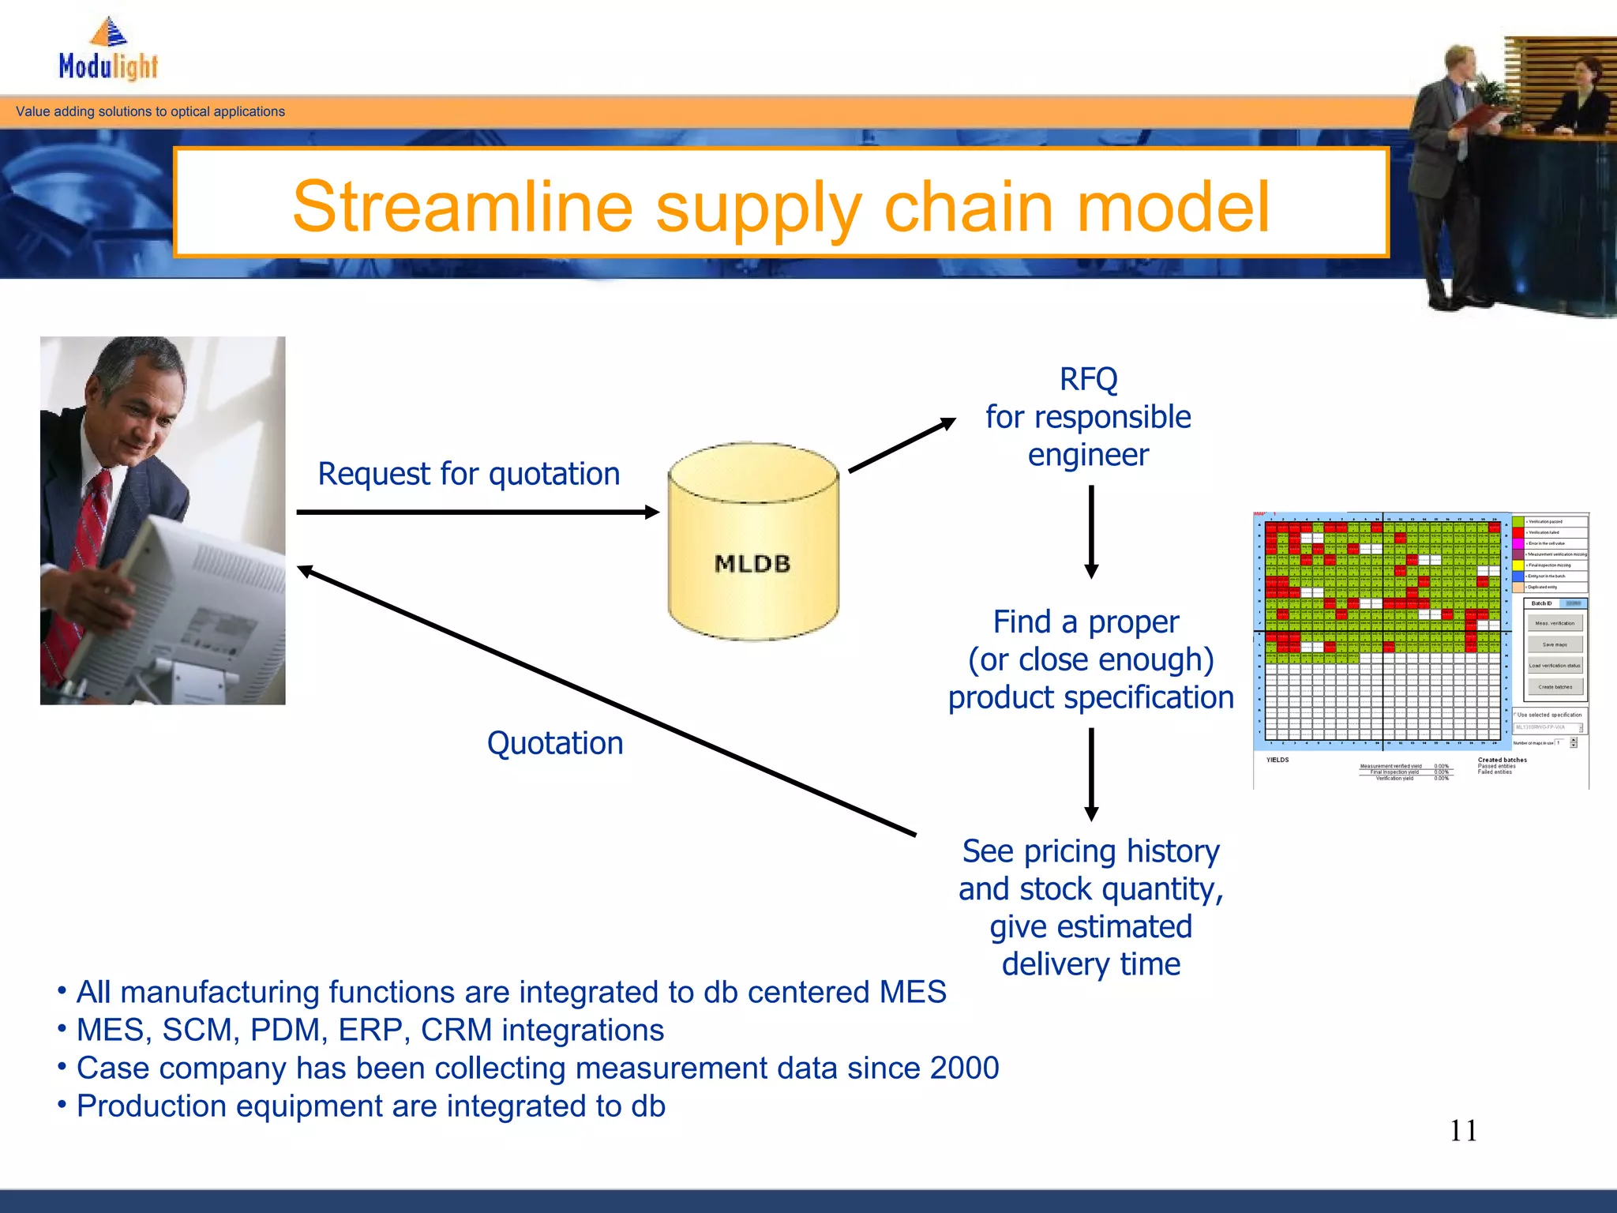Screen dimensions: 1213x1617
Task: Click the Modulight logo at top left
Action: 108,51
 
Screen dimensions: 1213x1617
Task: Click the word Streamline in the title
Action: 462,207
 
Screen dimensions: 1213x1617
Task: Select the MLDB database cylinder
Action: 752,542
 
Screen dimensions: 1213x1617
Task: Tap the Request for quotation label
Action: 469,474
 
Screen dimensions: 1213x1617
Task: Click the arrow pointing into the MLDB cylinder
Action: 477,513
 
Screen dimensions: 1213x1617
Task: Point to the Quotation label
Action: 555,743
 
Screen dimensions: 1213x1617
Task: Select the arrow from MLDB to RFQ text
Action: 902,446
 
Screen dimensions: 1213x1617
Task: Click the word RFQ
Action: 1088,380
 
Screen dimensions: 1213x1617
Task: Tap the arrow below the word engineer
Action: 1091,531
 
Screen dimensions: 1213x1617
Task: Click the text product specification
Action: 1090,697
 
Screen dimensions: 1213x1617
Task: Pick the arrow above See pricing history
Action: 1091,774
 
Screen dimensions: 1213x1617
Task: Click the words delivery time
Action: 1090,964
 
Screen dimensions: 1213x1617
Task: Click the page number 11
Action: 1463,1131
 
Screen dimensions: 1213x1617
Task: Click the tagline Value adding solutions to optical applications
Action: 150,111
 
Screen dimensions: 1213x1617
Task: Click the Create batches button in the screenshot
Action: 1555,687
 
